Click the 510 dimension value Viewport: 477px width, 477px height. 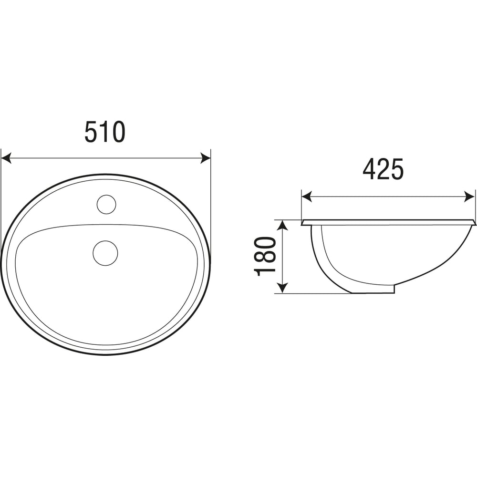coord(105,132)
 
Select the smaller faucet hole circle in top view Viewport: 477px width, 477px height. coord(106,204)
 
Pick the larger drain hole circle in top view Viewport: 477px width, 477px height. coord(105,253)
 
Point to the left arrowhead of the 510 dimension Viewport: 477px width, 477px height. coord(6,158)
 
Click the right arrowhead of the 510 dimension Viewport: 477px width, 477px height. coord(205,158)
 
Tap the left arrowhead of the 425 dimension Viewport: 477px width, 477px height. coord(307,197)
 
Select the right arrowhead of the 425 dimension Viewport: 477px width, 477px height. coord(469,197)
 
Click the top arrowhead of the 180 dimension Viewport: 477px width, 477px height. coord(283,226)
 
